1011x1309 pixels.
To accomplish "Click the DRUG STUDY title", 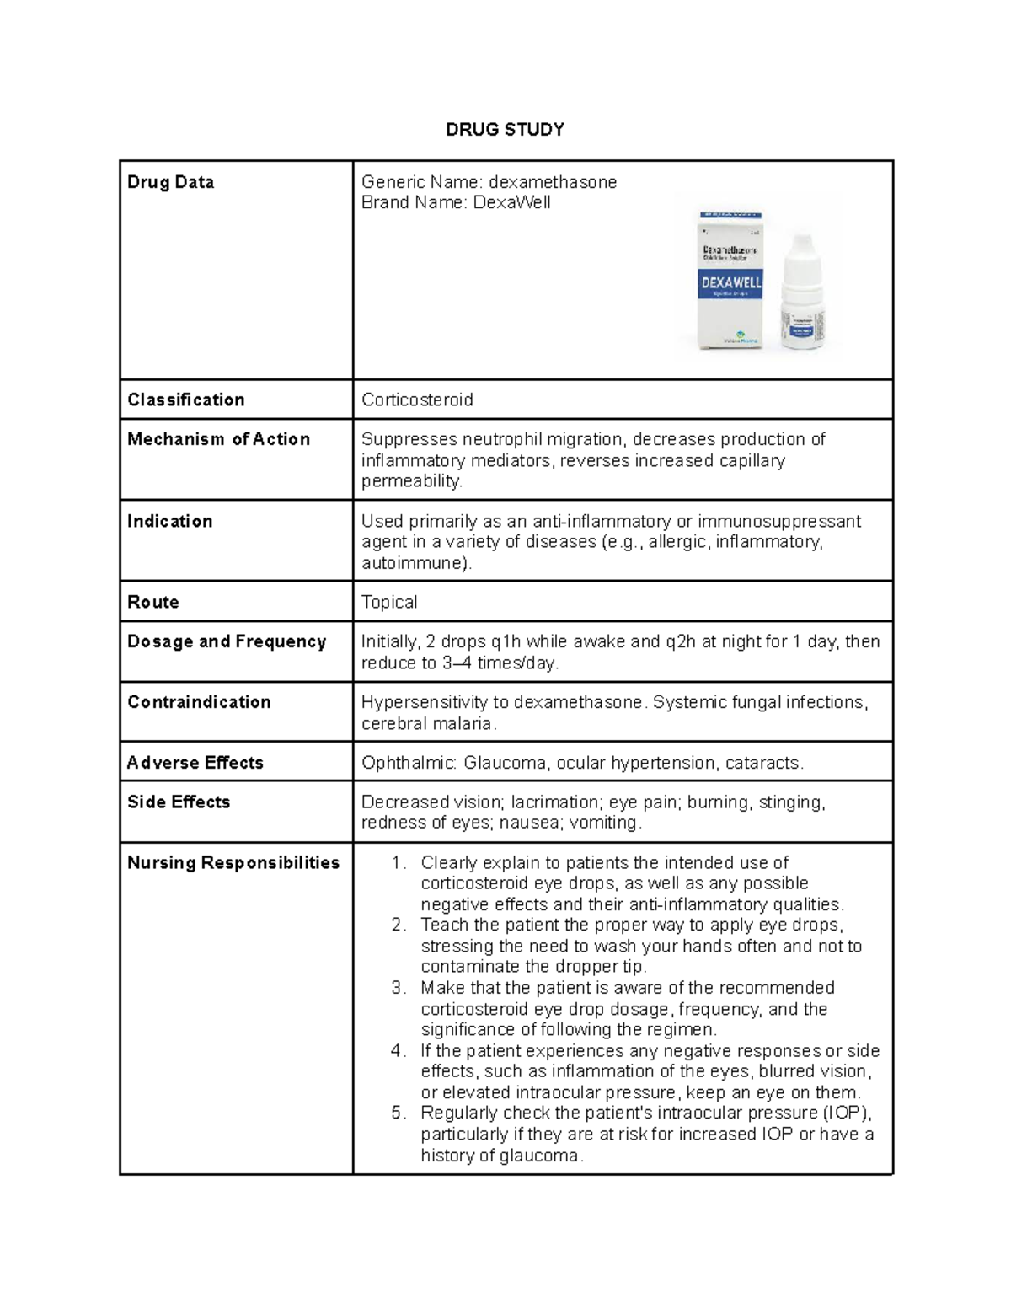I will (505, 129).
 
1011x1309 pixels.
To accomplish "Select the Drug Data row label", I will (170, 182).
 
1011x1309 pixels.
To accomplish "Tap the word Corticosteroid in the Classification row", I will (417, 400).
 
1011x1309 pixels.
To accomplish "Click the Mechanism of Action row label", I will (218, 439).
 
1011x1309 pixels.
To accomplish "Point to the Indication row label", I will (169, 521).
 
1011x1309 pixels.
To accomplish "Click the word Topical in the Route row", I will (389, 602).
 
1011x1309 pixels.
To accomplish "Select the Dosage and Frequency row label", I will (226, 641).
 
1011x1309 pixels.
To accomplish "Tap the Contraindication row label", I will (199, 702).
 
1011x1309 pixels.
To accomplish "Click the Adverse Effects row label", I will (195, 763).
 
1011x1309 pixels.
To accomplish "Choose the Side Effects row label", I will (178, 802).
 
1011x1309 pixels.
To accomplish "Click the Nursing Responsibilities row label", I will (233, 862).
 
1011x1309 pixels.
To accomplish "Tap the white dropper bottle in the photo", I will (806, 291).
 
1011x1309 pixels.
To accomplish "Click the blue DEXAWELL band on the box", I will (730, 283).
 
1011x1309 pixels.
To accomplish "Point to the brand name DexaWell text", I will (511, 202).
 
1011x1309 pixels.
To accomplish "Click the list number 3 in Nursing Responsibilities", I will (399, 988).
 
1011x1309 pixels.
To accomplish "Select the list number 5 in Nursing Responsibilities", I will (399, 1113).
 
